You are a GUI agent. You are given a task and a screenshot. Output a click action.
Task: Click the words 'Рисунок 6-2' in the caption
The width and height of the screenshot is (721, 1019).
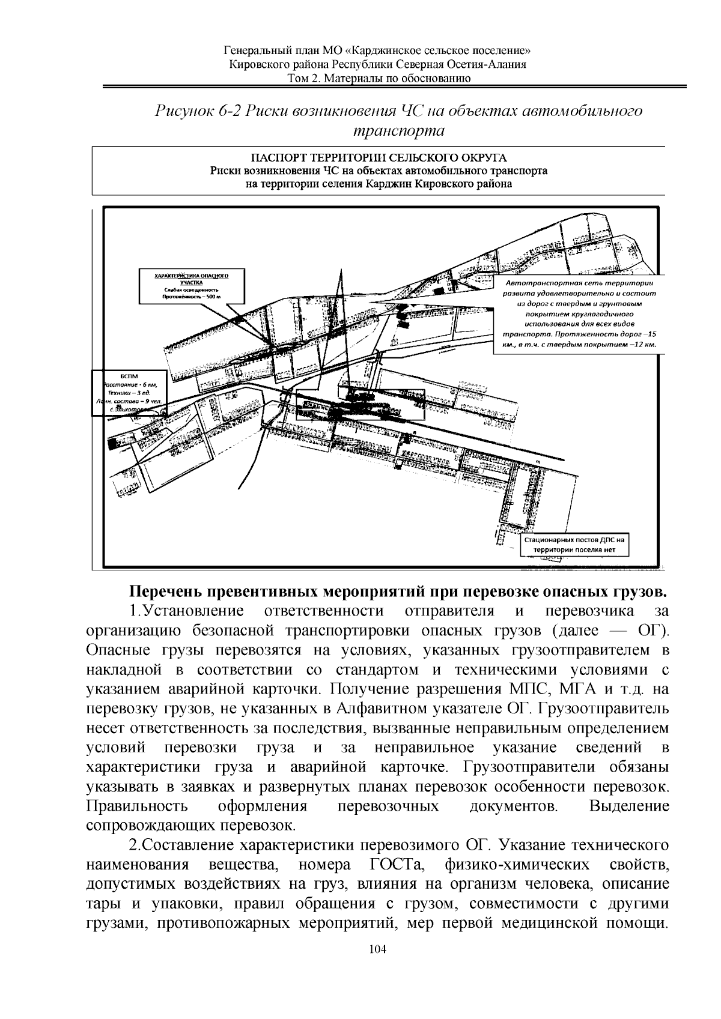click(197, 111)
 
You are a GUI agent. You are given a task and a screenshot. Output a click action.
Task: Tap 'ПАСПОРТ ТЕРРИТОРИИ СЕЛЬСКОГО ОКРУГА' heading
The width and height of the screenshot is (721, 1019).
click(378, 159)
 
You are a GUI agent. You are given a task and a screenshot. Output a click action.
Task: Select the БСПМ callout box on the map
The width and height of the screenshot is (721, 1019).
click(128, 392)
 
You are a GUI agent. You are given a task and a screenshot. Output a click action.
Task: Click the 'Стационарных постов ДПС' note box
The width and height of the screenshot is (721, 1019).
click(574, 545)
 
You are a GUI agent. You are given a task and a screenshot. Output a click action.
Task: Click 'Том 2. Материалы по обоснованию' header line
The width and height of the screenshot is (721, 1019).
click(378, 78)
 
